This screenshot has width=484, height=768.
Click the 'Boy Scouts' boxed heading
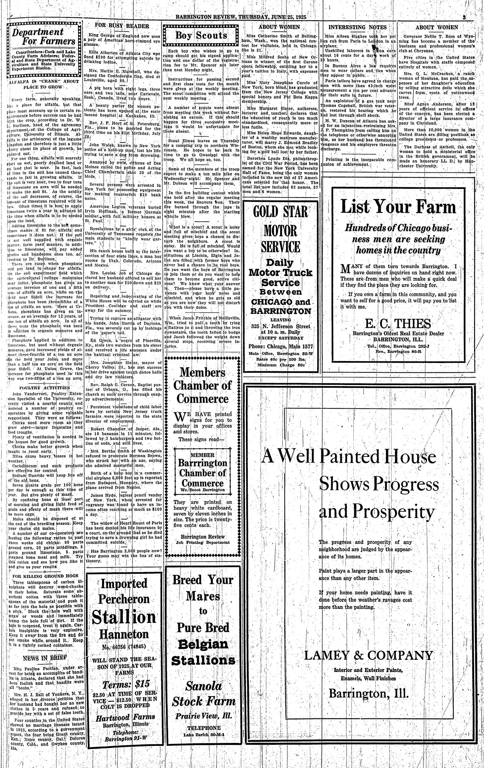[x=201, y=35]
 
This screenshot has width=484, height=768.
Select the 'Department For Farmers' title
[x=43, y=36]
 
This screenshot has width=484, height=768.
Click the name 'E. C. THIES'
[x=398, y=324]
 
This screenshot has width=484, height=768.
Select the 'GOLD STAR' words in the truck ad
[x=280, y=212]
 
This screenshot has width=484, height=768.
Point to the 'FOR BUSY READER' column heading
[x=122, y=26]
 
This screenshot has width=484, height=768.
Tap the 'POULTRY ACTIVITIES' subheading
[x=44, y=388]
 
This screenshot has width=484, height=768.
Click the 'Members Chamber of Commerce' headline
[x=203, y=385]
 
